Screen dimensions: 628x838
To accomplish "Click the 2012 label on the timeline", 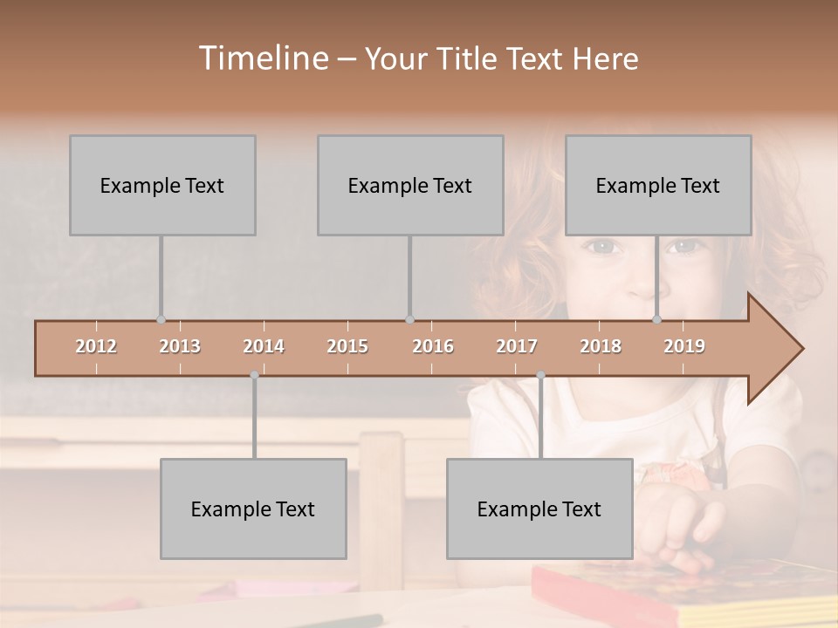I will [x=96, y=346].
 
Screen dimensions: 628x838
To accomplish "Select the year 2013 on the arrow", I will [x=180, y=346].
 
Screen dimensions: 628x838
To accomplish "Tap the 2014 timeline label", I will [x=264, y=346].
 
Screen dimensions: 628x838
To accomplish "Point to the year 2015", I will [x=347, y=346].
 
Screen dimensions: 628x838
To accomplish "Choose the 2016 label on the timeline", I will [x=433, y=346].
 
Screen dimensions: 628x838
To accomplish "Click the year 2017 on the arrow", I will [x=517, y=346].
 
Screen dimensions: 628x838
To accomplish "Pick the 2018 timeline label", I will [x=601, y=346].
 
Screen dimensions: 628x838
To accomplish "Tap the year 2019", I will [x=684, y=346].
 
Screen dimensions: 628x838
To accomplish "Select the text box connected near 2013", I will [x=162, y=185].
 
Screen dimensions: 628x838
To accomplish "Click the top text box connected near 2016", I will [x=410, y=185].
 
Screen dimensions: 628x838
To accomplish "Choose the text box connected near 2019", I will [x=658, y=185].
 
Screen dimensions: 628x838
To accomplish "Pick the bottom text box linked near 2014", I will [x=253, y=509].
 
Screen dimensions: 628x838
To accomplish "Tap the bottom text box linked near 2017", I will [x=539, y=509].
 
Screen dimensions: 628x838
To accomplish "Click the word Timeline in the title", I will [x=262, y=58].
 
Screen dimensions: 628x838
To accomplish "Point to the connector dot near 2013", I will [x=161, y=319].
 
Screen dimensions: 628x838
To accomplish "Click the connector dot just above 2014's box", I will [x=254, y=375].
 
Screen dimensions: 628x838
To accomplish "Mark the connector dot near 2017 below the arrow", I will [x=540, y=375].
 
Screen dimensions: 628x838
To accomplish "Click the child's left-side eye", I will [x=601, y=246].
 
